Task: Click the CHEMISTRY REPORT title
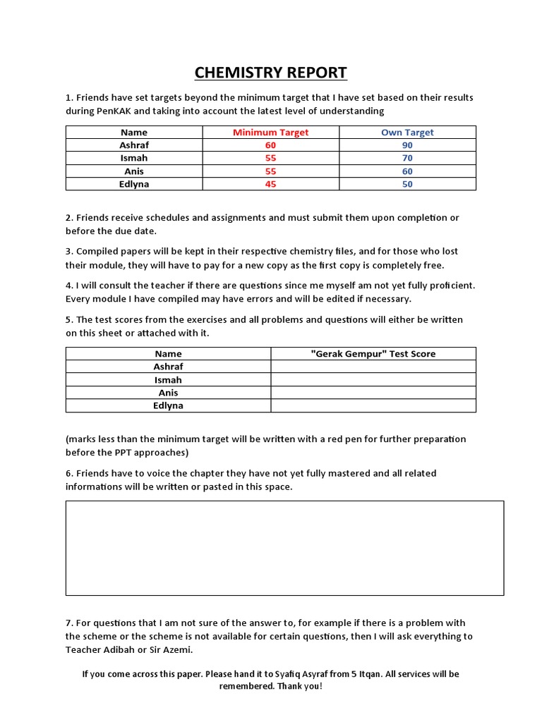pyautogui.click(x=270, y=73)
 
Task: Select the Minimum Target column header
pyautogui.click(x=270, y=132)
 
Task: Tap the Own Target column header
pyautogui.click(x=407, y=132)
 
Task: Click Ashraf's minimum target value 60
pyautogui.click(x=270, y=145)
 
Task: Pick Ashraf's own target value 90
pyautogui.click(x=407, y=145)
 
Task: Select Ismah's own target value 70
pyautogui.click(x=407, y=158)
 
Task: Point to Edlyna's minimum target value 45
pyautogui.click(x=270, y=184)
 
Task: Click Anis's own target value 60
pyautogui.click(x=407, y=171)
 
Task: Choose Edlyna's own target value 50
pyautogui.click(x=407, y=184)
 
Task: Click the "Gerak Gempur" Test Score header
pyautogui.click(x=373, y=353)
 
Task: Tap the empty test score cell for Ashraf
pyautogui.click(x=373, y=367)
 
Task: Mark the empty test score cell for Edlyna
pyautogui.click(x=373, y=405)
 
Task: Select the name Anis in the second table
pyautogui.click(x=168, y=393)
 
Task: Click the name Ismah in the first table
pyautogui.click(x=134, y=158)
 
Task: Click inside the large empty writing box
pyautogui.click(x=284, y=548)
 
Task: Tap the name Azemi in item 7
pyautogui.click(x=177, y=649)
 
